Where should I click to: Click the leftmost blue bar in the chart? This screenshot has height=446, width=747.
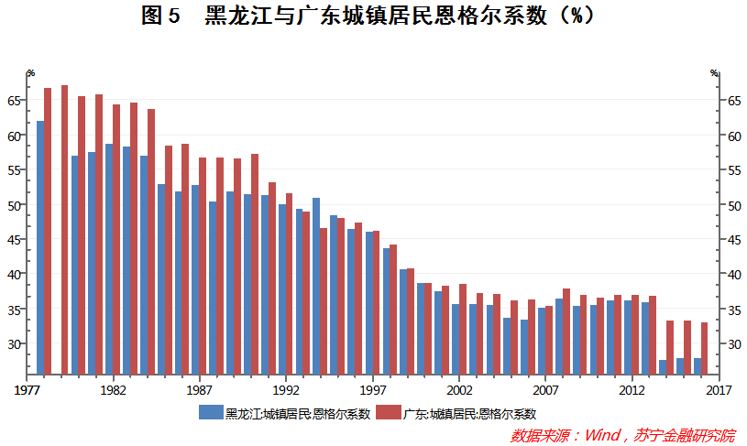[x=39, y=247]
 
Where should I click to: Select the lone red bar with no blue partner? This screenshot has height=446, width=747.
[x=65, y=229]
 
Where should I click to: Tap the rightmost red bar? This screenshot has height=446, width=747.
[x=704, y=348]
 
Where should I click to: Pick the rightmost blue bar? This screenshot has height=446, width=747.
[x=697, y=365]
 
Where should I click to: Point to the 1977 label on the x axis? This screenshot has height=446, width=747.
[x=27, y=388]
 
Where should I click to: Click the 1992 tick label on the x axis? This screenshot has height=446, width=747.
[x=286, y=388]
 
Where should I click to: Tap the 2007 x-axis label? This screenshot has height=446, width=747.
[x=545, y=388]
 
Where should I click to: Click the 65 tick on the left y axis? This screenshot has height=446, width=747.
[x=15, y=101]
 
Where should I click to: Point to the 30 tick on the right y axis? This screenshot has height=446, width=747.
[x=731, y=344]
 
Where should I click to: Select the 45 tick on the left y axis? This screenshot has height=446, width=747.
[x=15, y=240]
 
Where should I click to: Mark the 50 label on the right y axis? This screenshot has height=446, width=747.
[x=731, y=205]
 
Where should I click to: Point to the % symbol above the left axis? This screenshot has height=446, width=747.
[x=30, y=72]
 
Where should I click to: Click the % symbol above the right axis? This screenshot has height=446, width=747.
[x=715, y=72]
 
